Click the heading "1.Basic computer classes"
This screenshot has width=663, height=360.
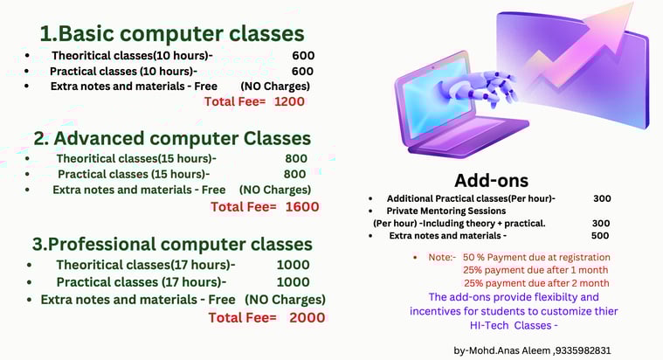172,34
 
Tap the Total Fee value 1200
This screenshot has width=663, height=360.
289,101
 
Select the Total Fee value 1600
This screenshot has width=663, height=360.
302,207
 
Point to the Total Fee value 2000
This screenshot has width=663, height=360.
307,318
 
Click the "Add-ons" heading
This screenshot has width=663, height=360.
491,181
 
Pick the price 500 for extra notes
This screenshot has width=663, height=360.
600,236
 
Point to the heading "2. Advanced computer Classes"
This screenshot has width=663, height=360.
172,138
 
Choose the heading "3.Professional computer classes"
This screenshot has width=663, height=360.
172,245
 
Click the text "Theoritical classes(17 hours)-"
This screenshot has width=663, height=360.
146,265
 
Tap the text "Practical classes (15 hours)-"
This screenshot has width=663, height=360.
134,174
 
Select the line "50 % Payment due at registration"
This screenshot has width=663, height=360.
536,257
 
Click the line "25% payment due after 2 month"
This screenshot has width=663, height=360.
536,283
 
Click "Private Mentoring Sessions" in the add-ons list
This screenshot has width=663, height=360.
446,211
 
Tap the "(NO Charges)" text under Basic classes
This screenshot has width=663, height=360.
275,87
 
